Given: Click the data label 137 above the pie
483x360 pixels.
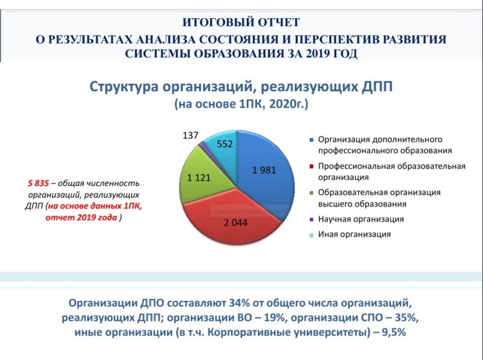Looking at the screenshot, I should [190, 135].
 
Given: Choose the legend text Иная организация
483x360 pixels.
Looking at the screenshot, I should [354, 234].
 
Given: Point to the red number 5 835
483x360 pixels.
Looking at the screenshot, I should [38, 183].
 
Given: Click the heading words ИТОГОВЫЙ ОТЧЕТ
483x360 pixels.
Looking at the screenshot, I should [241, 23].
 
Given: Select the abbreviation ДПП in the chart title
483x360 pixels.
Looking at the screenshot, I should [378, 86].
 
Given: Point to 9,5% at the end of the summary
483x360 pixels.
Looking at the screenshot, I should [392, 332].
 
